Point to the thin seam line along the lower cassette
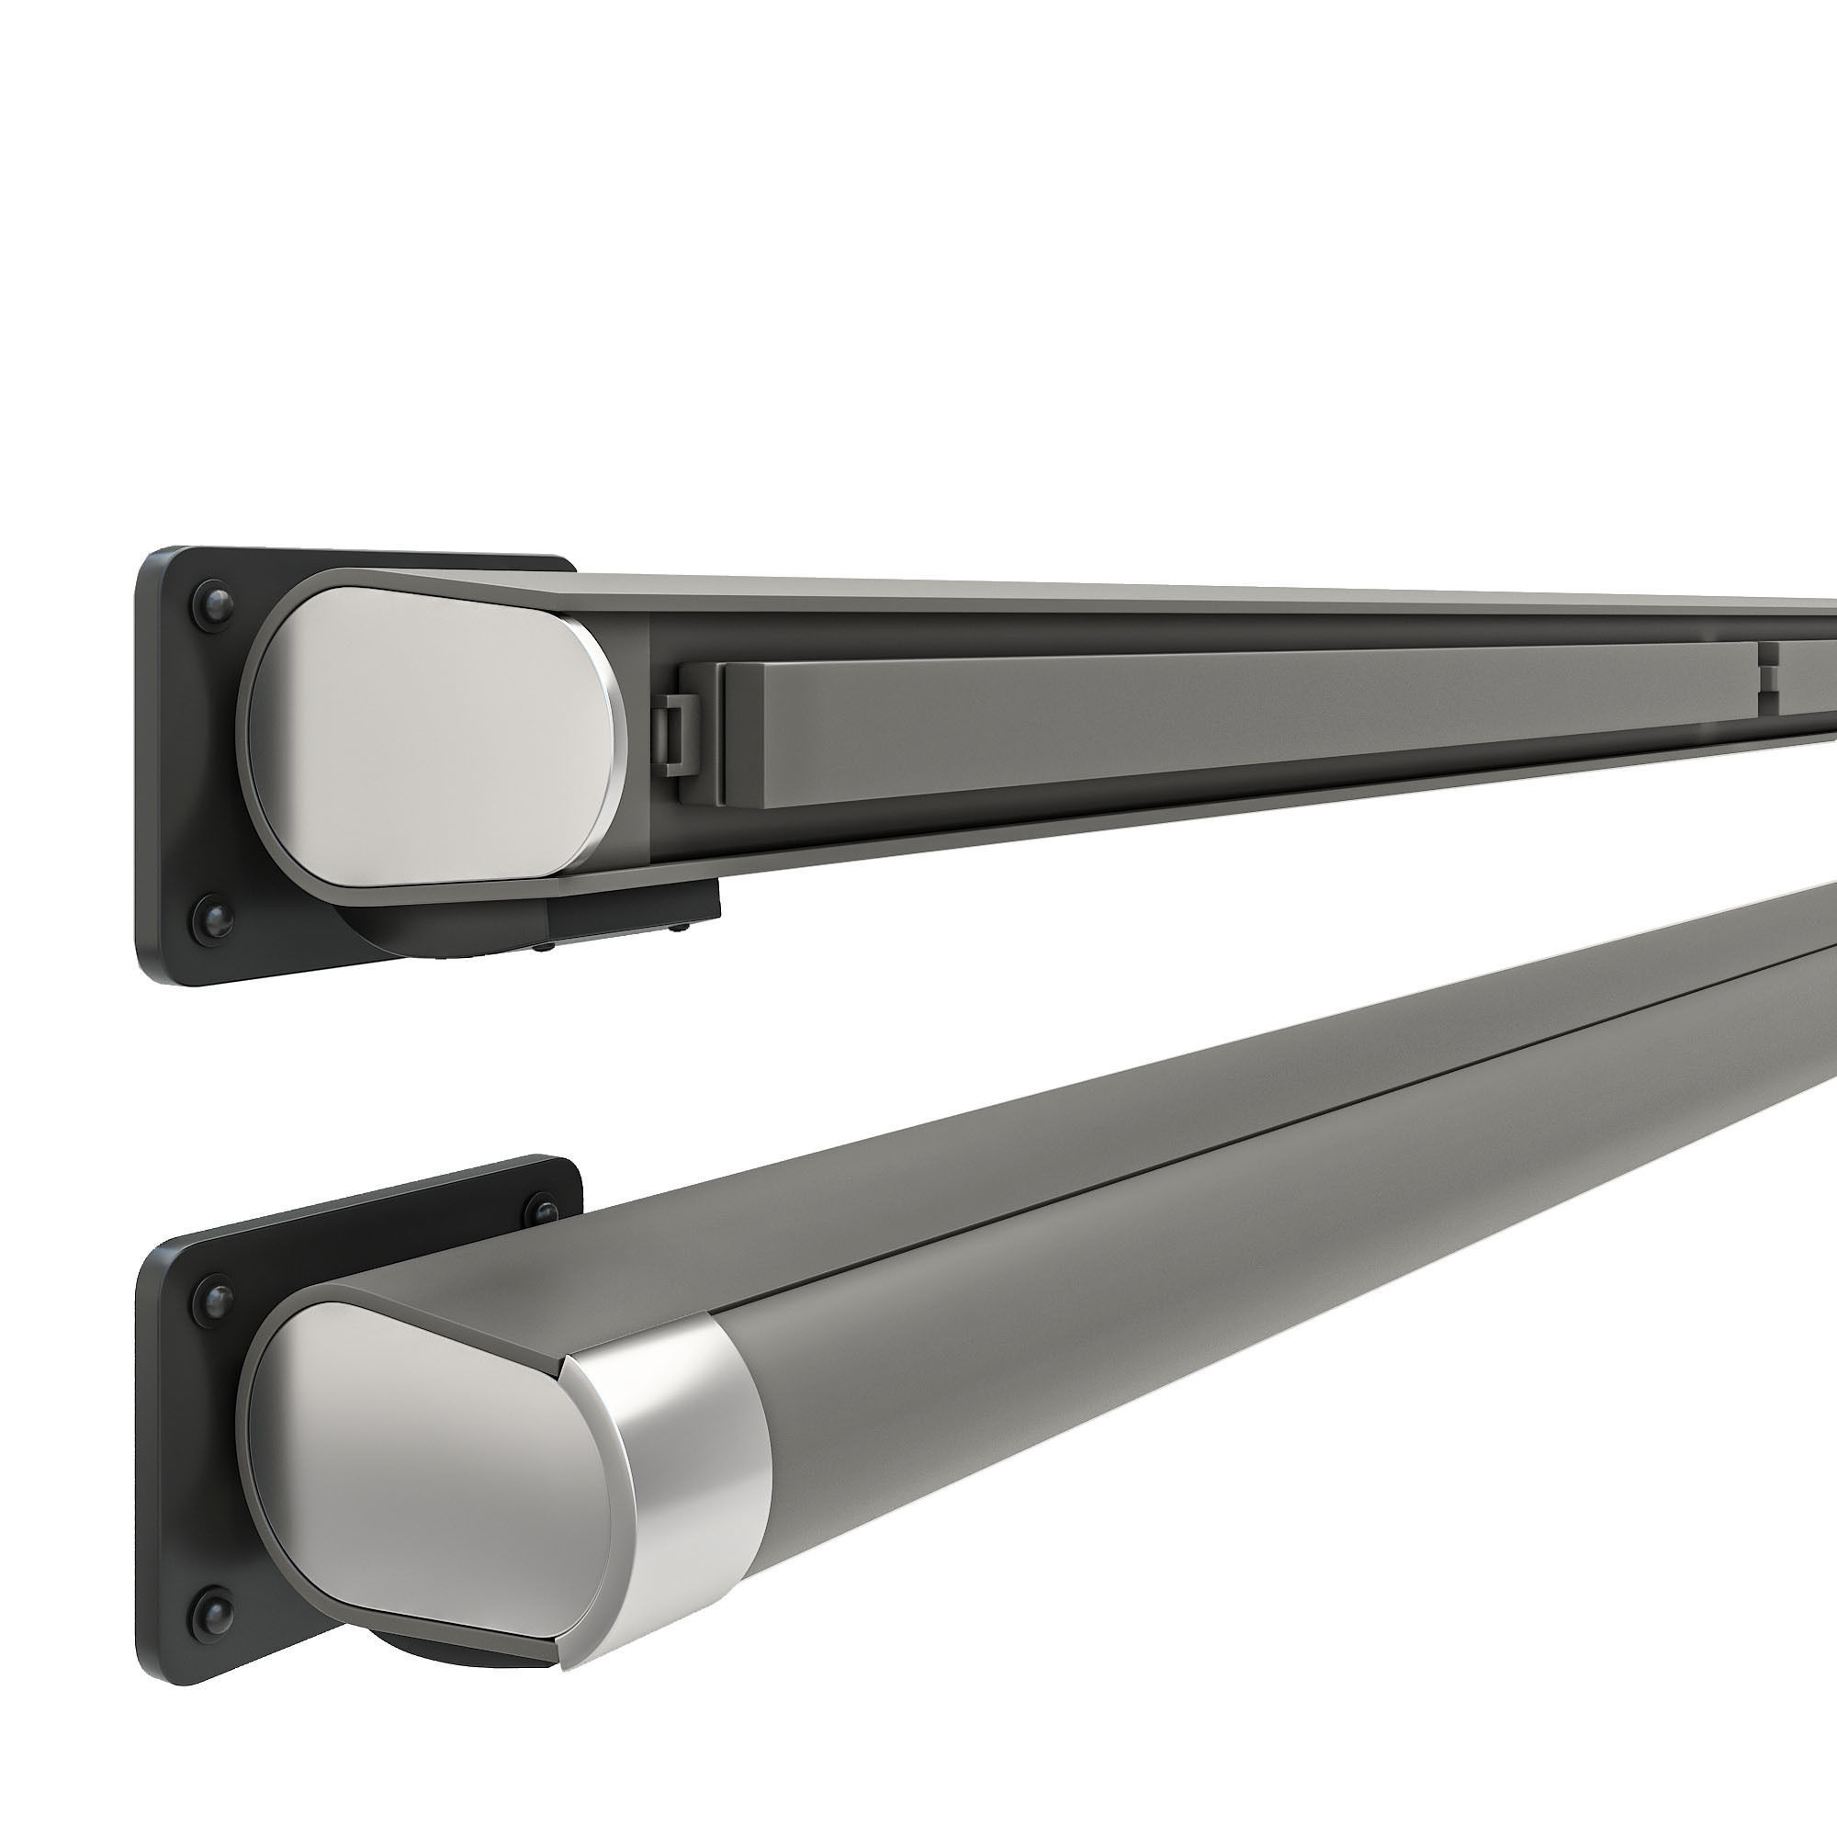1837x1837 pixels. tap(1236, 1084)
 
